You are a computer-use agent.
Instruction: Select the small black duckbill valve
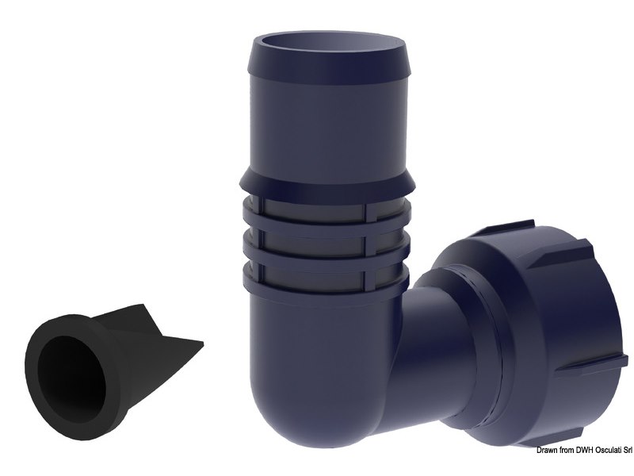point(103,357)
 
